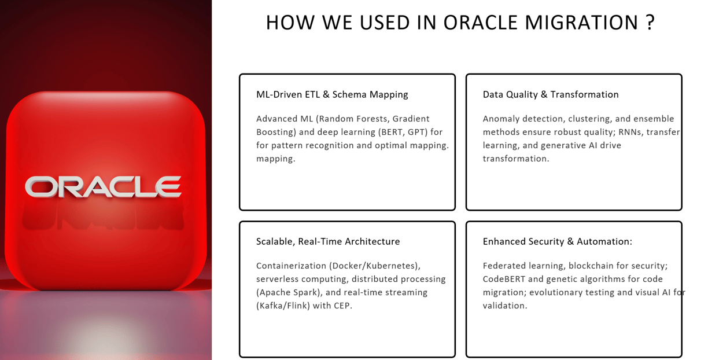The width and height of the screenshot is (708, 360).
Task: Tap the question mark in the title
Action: pos(650,23)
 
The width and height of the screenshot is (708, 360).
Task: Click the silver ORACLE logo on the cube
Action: pos(103,187)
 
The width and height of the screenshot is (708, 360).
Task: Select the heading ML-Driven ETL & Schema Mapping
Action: pos(332,94)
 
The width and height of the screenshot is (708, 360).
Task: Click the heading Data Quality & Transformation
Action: pos(551,94)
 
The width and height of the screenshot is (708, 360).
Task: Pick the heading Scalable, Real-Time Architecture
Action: pos(328,242)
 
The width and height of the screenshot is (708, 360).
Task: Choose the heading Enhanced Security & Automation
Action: pos(557,242)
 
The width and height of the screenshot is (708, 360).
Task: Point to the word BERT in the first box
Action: pos(392,132)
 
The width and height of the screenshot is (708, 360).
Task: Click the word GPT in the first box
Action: pos(417,132)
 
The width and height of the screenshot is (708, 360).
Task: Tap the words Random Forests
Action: pos(354,119)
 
